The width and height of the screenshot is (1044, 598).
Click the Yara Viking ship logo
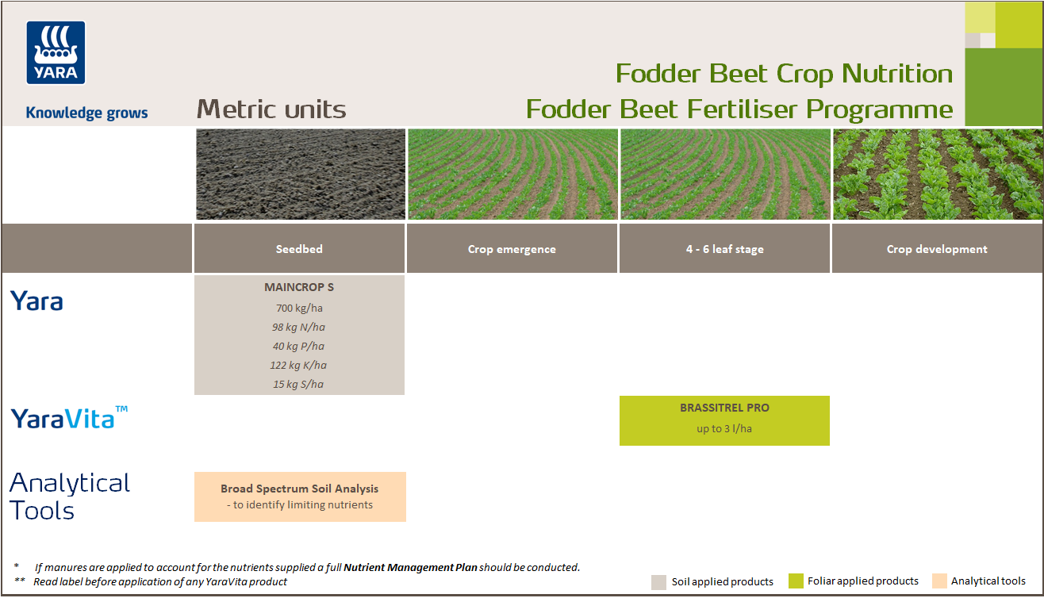point(56,52)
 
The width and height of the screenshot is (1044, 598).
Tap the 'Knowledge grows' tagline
point(86,113)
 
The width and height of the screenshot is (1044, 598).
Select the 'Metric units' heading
point(271,109)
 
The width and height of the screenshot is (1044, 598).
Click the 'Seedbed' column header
point(299,249)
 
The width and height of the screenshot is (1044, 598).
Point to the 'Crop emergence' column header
point(512,249)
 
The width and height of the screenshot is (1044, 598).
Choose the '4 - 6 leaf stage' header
point(724,249)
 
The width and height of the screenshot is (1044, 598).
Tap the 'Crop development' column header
point(937,249)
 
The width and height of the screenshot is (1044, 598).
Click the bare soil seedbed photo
point(300,174)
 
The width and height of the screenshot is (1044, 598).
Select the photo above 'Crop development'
point(937,174)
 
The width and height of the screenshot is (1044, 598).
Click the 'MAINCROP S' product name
point(299,287)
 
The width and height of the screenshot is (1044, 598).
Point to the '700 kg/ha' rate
point(299,308)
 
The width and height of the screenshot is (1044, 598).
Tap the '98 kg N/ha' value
point(299,327)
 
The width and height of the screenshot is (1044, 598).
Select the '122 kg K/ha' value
point(299,365)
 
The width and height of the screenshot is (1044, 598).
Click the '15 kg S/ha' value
point(299,384)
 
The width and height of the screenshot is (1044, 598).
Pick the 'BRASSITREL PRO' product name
point(724,408)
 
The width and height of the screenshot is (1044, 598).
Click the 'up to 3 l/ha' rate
point(724,429)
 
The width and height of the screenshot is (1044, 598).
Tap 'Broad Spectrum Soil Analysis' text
point(299,489)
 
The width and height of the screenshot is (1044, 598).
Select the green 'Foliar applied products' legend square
point(796,581)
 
